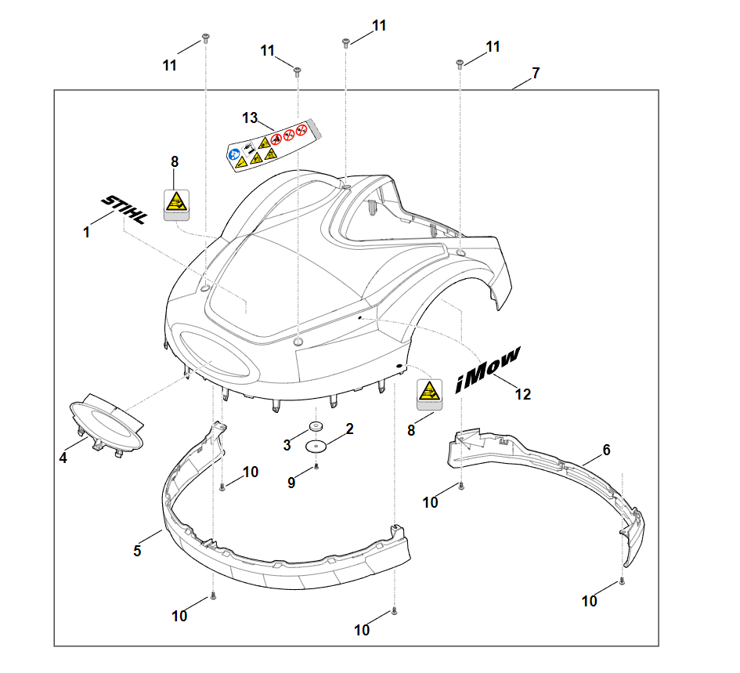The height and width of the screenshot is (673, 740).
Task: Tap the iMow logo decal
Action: pyautogui.click(x=487, y=371)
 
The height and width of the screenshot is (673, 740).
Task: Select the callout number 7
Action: pyautogui.click(x=536, y=73)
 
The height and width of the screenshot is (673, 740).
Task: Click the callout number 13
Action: pyautogui.click(x=250, y=118)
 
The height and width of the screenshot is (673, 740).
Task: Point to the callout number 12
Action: pyautogui.click(x=523, y=395)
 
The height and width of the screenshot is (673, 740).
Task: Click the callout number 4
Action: pyautogui.click(x=63, y=458)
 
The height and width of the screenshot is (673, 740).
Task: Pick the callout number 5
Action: pyautogui.click(x=137, y=551)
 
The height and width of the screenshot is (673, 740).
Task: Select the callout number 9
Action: pyautogui.click(x=291, y=483)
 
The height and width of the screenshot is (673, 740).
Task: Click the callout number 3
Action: pyautogui.click(x=287, y=445)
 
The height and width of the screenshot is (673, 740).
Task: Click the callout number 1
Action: pyautogui.click(x=87, y=233)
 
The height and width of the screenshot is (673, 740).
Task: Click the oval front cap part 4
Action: pyautogui.click(x=106, y=423)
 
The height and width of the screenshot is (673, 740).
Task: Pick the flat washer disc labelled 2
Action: pyautogui.click(x=316, y=445)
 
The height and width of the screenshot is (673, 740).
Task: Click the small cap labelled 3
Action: pyautogui.click(x=316, y=426)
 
